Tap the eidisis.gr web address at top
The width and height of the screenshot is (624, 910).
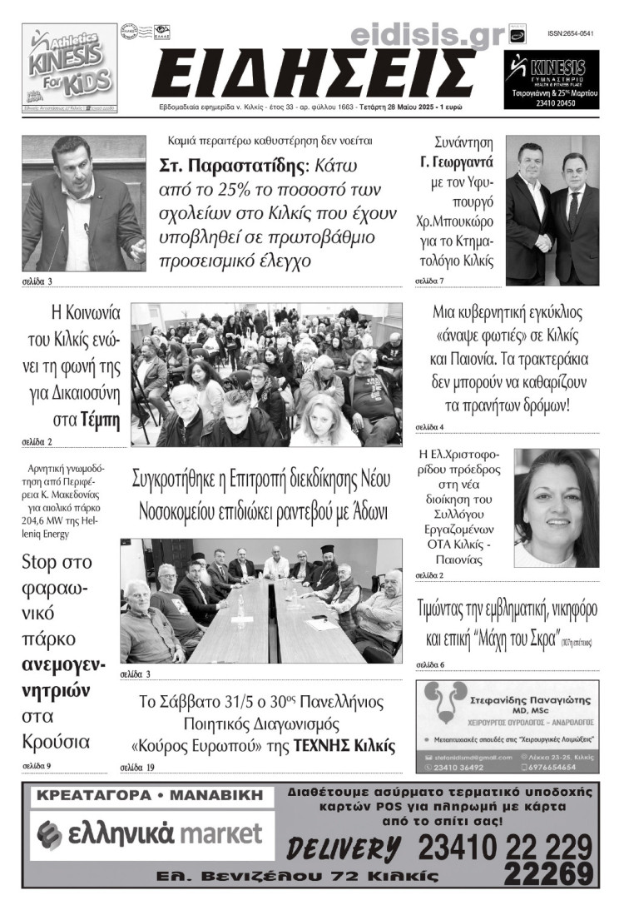(x=428, y=35)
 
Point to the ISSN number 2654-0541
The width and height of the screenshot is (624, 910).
(x=571, y=33)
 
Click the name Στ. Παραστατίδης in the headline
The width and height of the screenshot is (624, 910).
(x=229, y=166)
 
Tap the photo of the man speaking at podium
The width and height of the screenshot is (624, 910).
(x=83, y=203)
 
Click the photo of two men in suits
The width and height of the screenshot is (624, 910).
(x=552, y=210)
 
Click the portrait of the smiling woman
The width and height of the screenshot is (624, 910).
(x=556, y=508)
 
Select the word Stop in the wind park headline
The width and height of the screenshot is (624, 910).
(x=40, y=561)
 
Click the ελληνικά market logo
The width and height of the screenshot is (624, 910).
(x=151, y=833)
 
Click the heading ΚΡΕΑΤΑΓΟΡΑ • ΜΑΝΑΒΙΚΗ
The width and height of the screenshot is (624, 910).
(x=151, y=796)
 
